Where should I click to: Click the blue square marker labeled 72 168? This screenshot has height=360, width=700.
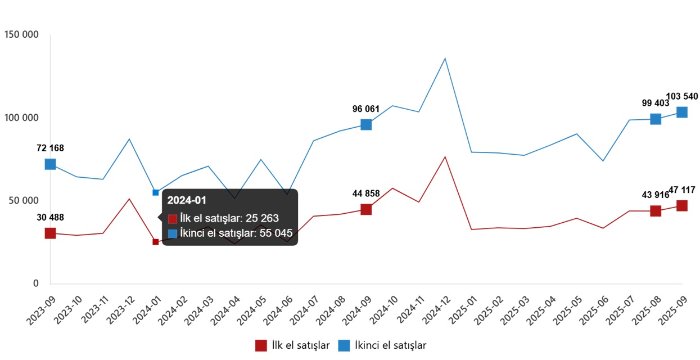tap(50, 164)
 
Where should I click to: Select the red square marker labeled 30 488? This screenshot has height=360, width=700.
tap(50, 233)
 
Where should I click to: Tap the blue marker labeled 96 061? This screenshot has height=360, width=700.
tap(366, 124)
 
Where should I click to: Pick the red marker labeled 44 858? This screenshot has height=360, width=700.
tap(366, 209)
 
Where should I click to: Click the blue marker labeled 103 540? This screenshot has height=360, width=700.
tap(681, 112)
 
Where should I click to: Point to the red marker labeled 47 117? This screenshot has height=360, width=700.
tap(681, 206)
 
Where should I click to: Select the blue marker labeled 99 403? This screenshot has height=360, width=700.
tap(656, 119)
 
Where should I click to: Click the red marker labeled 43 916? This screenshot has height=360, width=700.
tap(656, 211)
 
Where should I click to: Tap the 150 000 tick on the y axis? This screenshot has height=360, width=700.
tap(21, 35)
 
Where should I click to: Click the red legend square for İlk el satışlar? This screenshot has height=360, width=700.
tap(261, 345)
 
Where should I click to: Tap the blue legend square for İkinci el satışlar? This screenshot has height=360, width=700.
tap(344, 345)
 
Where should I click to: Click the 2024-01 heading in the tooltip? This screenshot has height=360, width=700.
tap(187, 201)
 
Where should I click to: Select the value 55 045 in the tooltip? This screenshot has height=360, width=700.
tap(276, 233)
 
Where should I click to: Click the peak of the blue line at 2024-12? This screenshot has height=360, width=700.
tap(445, 58)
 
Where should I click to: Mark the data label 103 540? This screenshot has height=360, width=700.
tap(681, 97)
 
